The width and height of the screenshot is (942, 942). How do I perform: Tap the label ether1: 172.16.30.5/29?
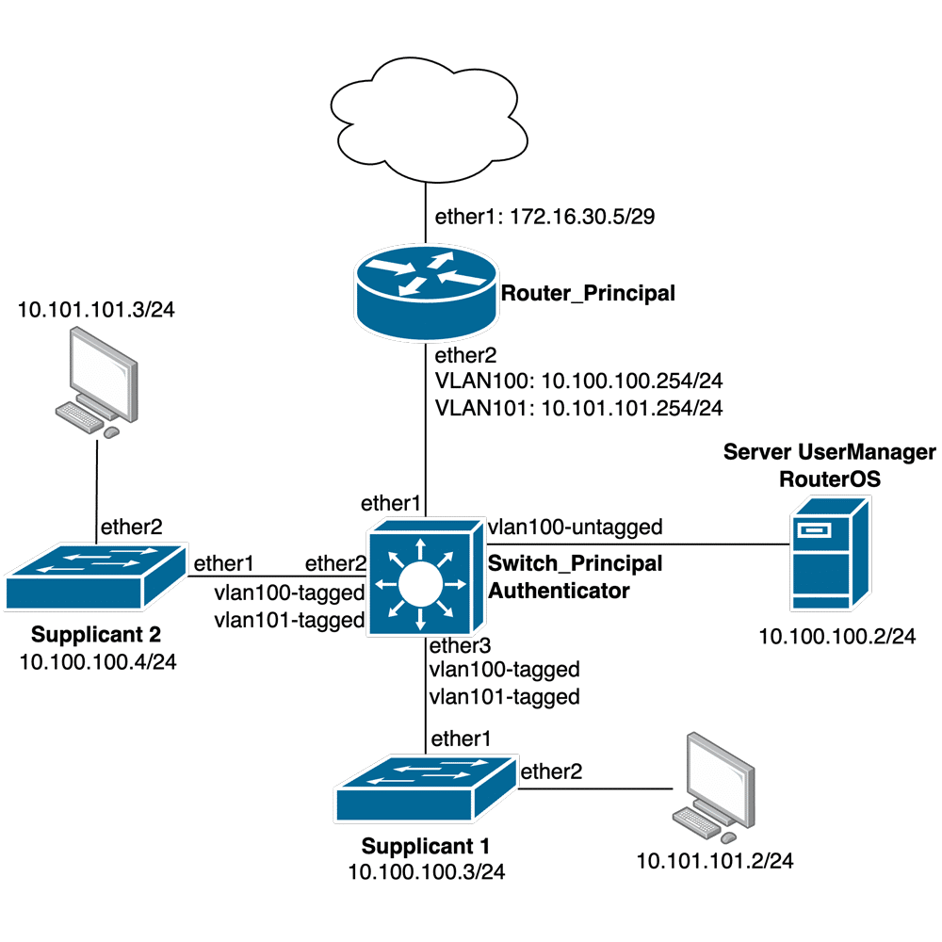544,218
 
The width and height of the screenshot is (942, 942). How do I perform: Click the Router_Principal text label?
588,293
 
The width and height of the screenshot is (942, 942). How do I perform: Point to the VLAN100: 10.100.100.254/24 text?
577,382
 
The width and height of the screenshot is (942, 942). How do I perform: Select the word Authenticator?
558,591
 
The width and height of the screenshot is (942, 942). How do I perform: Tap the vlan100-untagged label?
576,526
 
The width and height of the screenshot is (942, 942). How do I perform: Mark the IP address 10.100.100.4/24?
98,661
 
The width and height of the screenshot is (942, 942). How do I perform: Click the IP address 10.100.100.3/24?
427,871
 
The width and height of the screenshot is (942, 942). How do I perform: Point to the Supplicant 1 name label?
426,844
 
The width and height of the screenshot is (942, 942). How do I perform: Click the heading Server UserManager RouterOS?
829,465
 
